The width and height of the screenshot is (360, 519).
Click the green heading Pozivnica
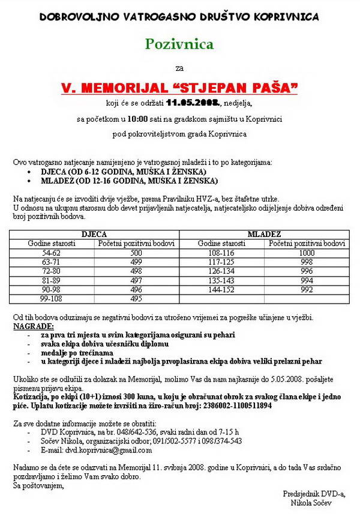click(179, 44)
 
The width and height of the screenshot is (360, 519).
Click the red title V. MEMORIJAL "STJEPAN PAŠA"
click(179, 88)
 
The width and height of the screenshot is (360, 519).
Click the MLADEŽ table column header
click(265, 234)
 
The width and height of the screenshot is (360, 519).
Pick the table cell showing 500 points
click(136, 253)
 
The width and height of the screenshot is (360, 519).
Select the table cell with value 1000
click(307, 253)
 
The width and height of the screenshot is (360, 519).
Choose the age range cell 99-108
click(52, 298)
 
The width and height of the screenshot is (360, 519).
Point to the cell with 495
click(136, 298)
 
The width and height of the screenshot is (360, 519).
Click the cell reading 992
click(307, 289)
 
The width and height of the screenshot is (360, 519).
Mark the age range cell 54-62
click(52, 253)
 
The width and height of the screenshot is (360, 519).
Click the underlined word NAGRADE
click(33, 326)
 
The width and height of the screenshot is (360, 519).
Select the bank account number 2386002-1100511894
click(230, 406)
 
